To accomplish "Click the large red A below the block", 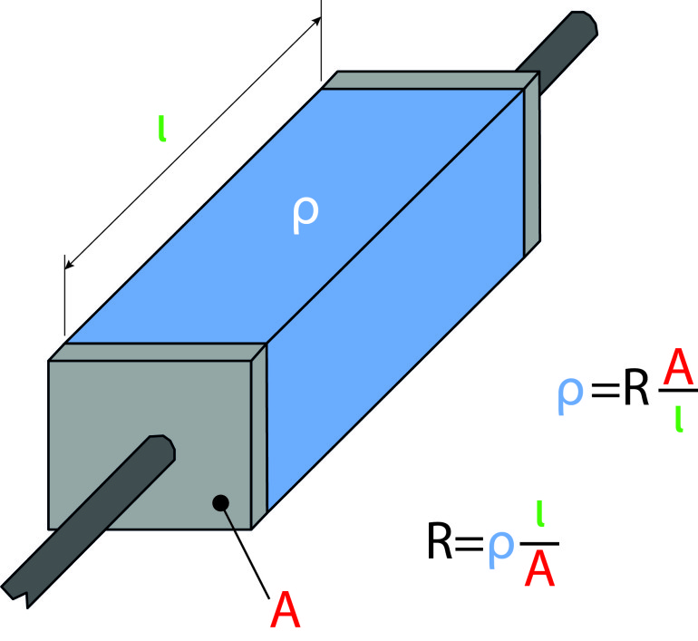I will (285, 610).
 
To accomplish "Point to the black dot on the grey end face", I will (218, 501).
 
